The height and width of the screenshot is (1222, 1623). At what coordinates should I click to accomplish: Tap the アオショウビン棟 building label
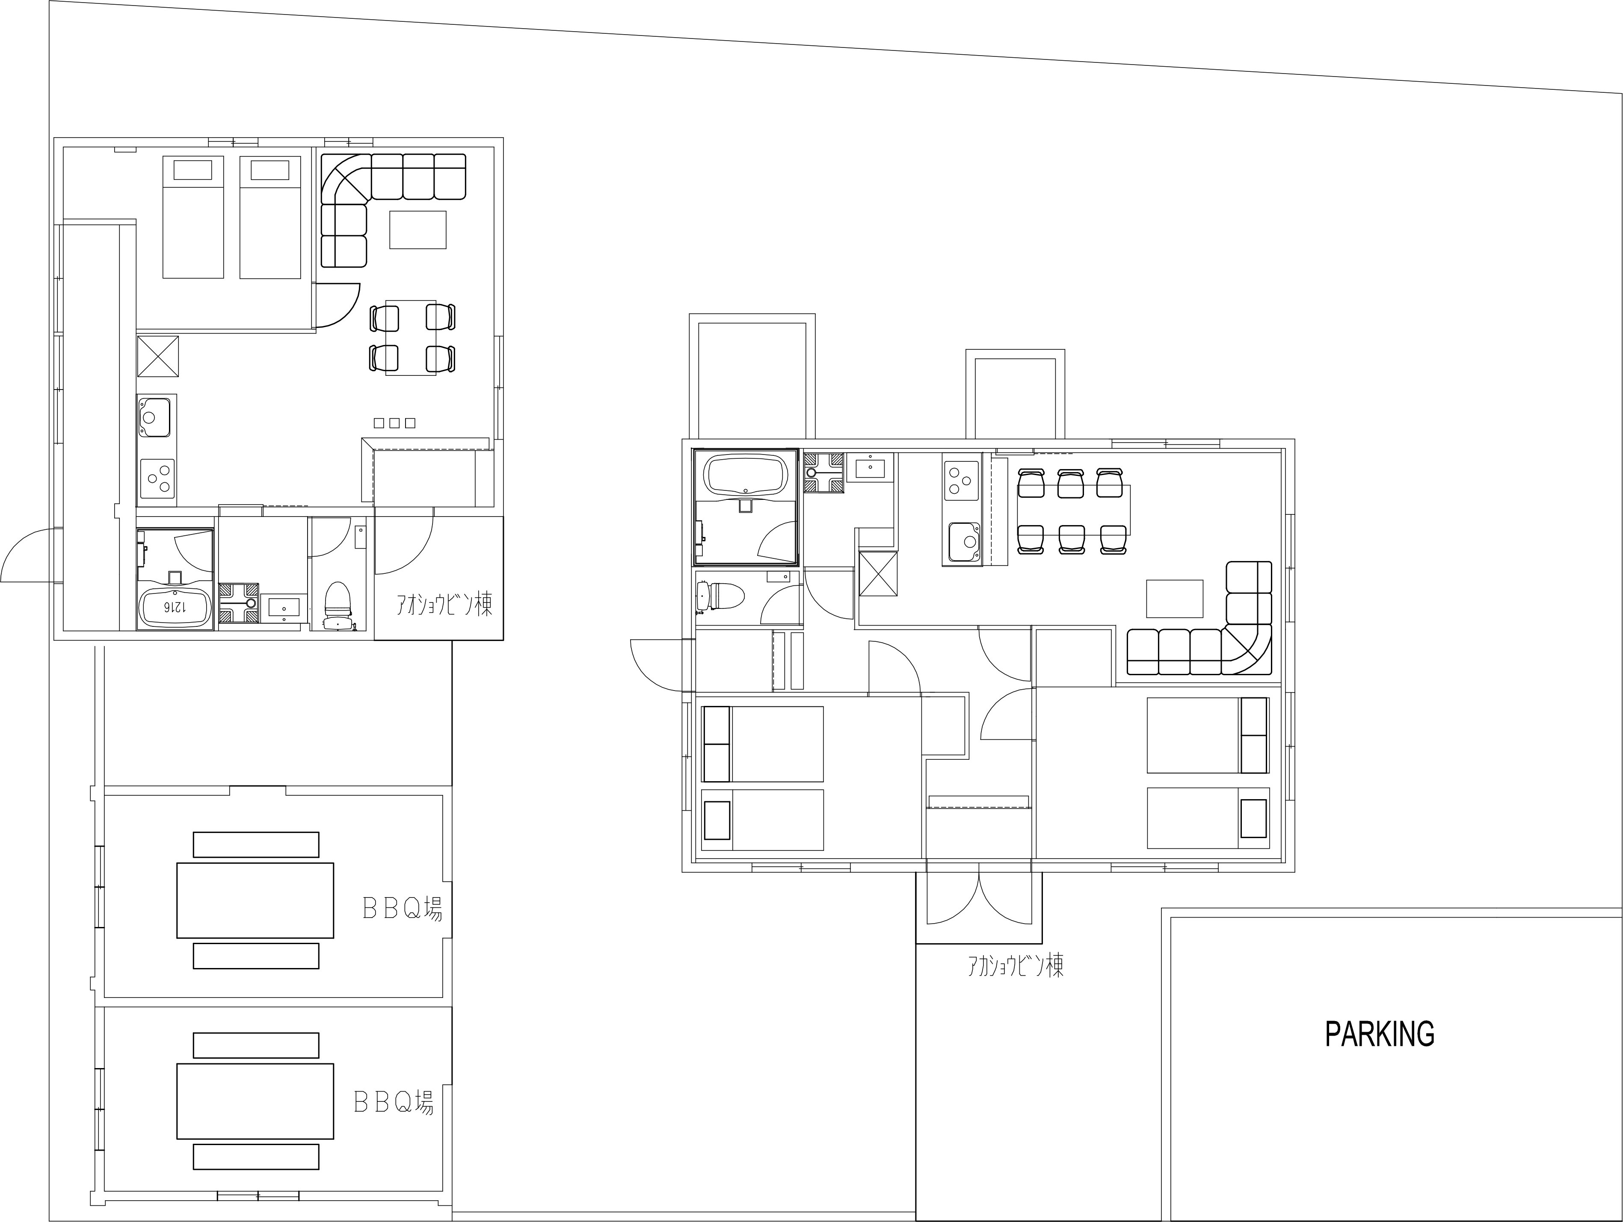[x=444, y=605]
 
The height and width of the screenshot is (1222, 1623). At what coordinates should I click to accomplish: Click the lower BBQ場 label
[x=394, y=1102]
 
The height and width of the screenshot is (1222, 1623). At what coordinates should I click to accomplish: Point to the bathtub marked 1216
[x=175, y=607]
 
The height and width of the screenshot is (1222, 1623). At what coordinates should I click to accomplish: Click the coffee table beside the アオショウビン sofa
[x=418, y=230]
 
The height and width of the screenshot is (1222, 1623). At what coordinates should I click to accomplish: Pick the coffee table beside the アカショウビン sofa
[x=1175, y=599]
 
